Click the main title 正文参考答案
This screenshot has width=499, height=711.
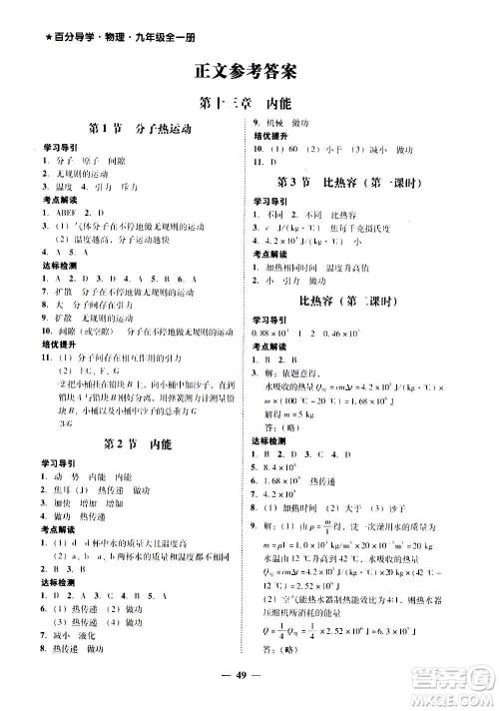(x=249, y=72)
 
